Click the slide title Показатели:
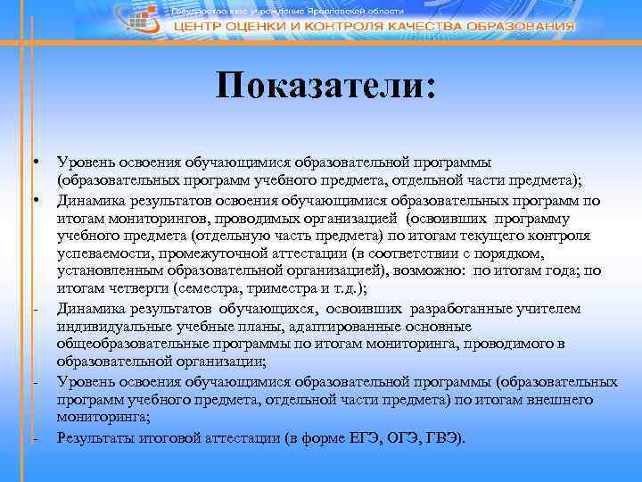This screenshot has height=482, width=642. pos(326,87)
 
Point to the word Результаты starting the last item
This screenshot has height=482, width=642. pos(94,438)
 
